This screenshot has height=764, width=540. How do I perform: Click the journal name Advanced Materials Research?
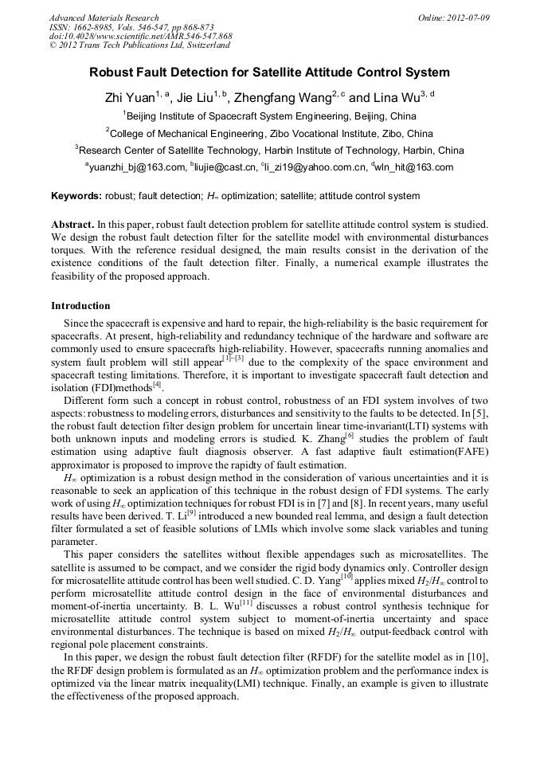coord(104,18)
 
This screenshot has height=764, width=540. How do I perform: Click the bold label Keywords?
coord(76,196)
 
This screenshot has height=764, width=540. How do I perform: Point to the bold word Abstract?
coord(72,225)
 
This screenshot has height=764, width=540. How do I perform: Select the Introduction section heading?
coord(80,306)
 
